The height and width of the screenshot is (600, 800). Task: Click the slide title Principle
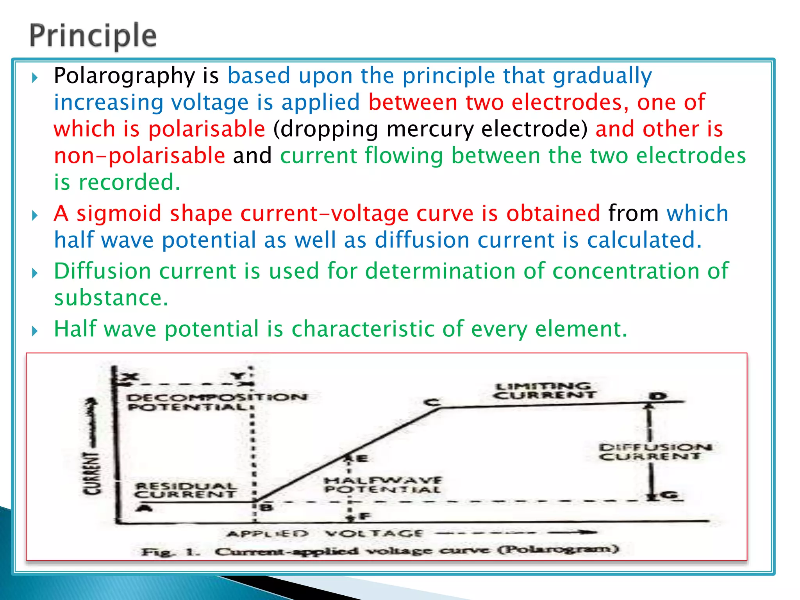coord(93,36)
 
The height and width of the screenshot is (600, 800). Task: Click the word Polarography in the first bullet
coord(124,76)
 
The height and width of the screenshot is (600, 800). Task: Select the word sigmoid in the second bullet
coord(119,214)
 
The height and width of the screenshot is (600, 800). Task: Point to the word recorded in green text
coord(129,182)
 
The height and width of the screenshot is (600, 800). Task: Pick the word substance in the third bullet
coord(111,298)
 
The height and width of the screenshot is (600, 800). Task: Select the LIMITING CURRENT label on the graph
coord(544,391)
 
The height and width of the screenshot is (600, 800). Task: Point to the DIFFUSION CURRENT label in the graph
coord(655,452)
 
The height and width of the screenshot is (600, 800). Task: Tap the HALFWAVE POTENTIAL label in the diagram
coord(383,485)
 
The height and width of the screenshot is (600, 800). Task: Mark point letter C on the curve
coord(432,402)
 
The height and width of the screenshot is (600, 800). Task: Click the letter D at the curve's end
coord(658,396)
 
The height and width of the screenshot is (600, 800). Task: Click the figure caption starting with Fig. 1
coord(380,551)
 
